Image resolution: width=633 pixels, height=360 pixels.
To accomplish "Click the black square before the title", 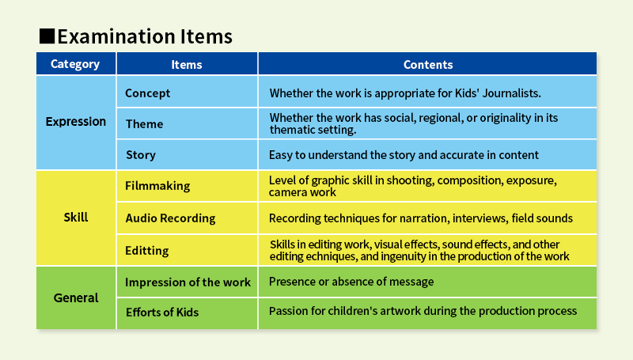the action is (x=47, y=36).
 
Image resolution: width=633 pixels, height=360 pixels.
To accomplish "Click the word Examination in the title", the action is (x=116, y=36).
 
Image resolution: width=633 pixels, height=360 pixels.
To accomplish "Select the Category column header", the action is (x=75, y=64).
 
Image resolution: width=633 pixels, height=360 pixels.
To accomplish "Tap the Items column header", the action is (x=187, y=65).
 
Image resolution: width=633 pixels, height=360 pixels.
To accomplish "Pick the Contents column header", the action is (x=428, y=65).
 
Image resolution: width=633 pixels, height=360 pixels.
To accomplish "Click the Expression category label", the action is (x=76, y=122).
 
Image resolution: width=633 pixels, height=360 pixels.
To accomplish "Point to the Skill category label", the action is (x=76, y=217).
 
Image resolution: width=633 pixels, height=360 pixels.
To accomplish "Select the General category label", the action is (x=76, y=297).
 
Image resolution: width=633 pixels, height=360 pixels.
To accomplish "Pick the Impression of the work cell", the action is (x=188, y=282).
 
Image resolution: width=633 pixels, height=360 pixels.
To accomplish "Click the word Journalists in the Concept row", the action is (x=511, y=93).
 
